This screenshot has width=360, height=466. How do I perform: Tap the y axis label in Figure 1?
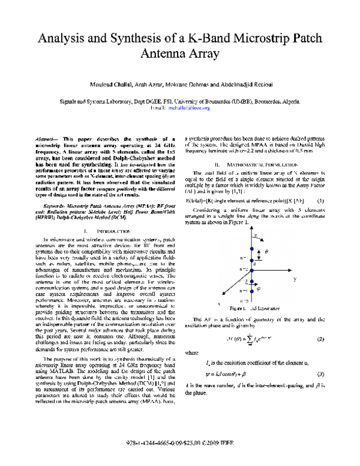pos(312,262)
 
